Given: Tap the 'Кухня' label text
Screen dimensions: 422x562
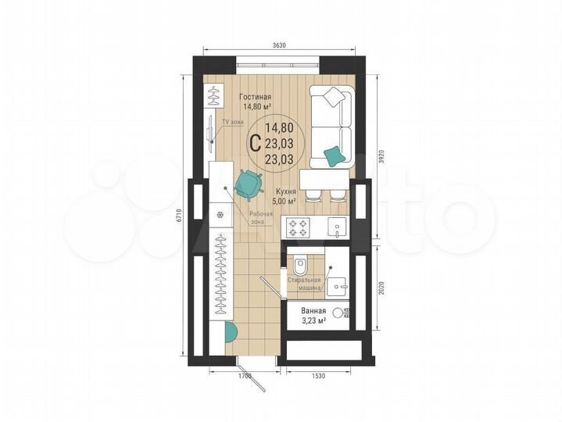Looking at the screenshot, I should [285, 191].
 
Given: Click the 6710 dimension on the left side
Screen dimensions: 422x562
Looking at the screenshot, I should [179, 214].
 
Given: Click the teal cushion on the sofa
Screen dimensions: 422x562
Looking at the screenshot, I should [334, 156].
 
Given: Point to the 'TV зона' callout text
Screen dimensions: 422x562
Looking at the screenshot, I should [233, 123].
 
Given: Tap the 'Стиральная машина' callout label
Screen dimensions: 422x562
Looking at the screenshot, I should [304, 282].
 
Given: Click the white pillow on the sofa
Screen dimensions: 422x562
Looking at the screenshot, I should [333, 97].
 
